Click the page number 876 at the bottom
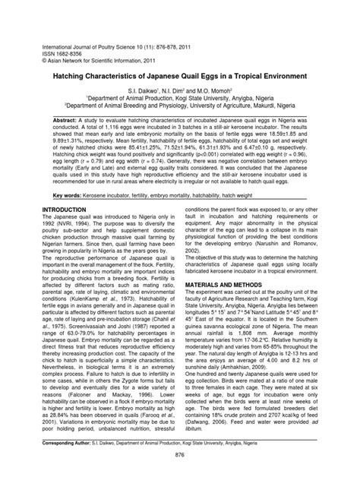click(179, 455)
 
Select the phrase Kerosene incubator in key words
click(115, 195)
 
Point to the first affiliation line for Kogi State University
click(179, 99)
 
